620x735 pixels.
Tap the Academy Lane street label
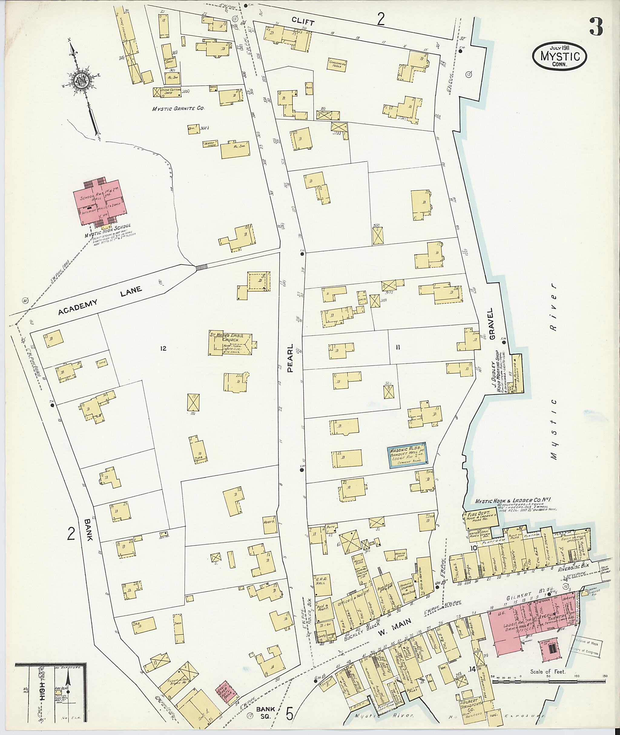[100, 301]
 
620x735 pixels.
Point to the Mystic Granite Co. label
[178, 109]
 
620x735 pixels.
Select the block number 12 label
[163, 349]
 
